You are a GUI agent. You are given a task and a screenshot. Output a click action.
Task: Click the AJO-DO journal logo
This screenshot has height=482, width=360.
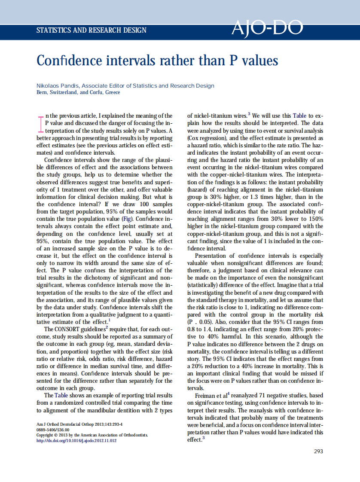click(267, 29)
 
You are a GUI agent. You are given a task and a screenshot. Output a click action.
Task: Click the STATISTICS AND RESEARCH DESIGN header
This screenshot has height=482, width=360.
click(92, 31)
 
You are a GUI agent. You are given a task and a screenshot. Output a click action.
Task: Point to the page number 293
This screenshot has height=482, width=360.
click(318, 451)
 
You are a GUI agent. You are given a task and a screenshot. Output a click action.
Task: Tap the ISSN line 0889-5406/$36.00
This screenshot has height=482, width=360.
click(52, 430)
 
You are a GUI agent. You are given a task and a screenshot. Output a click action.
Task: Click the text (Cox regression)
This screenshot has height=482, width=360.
click(207, 138)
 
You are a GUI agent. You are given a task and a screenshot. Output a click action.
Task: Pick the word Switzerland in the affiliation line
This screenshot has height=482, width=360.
click(63, 92)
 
